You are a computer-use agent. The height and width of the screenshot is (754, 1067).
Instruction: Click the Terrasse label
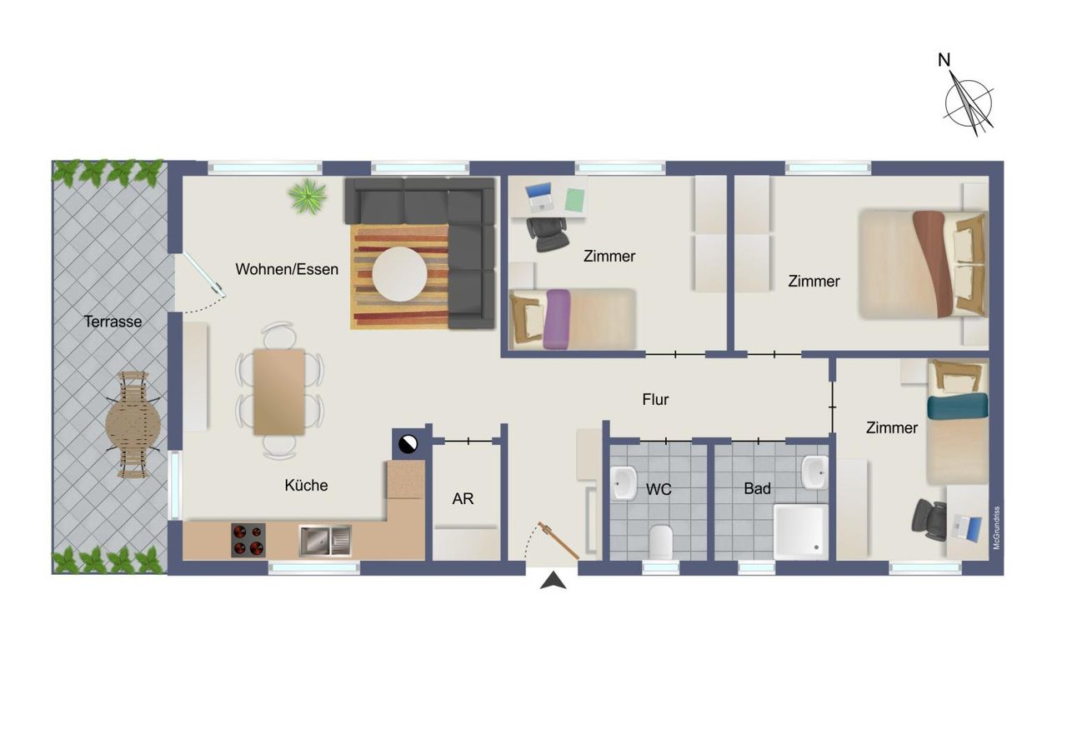click(x=113, y=322)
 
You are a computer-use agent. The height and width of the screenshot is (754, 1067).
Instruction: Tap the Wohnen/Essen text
click(x=287, y=269)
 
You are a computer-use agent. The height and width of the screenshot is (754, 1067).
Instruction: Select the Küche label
click(x=306, y=486)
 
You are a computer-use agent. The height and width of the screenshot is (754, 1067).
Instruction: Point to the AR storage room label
click(x=463, y=499)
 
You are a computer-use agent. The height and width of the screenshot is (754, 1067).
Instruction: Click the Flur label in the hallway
click(x=655, y=399)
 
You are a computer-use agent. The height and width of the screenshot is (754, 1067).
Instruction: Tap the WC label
click(x=659, y=489)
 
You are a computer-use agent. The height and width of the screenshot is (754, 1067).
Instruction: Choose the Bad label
click(x=758, y=488)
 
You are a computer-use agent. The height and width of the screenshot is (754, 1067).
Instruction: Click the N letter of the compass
click(x=944, y=60)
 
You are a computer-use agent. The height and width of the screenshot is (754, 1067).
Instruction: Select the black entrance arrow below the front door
click(x=553, y=581)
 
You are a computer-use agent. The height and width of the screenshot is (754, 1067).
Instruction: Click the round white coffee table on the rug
click(x=399, y=274)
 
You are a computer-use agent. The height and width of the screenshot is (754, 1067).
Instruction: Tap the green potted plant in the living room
click(x=308, y=196)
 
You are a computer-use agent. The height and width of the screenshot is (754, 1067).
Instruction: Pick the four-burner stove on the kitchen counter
click(x=248, y=540)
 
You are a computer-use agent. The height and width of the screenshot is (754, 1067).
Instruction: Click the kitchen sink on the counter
click(x=325, y=541)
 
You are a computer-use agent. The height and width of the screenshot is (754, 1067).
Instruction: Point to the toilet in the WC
click(x=661, y=542)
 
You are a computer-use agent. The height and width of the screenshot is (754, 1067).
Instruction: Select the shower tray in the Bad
click(x=801, y=532)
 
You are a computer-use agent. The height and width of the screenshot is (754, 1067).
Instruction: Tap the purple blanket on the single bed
click(x=557, y=319)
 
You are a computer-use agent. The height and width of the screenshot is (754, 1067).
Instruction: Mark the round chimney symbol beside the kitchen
click(x=408, y=444)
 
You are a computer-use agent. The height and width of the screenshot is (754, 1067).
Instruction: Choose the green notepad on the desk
click(x=574, y=199)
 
